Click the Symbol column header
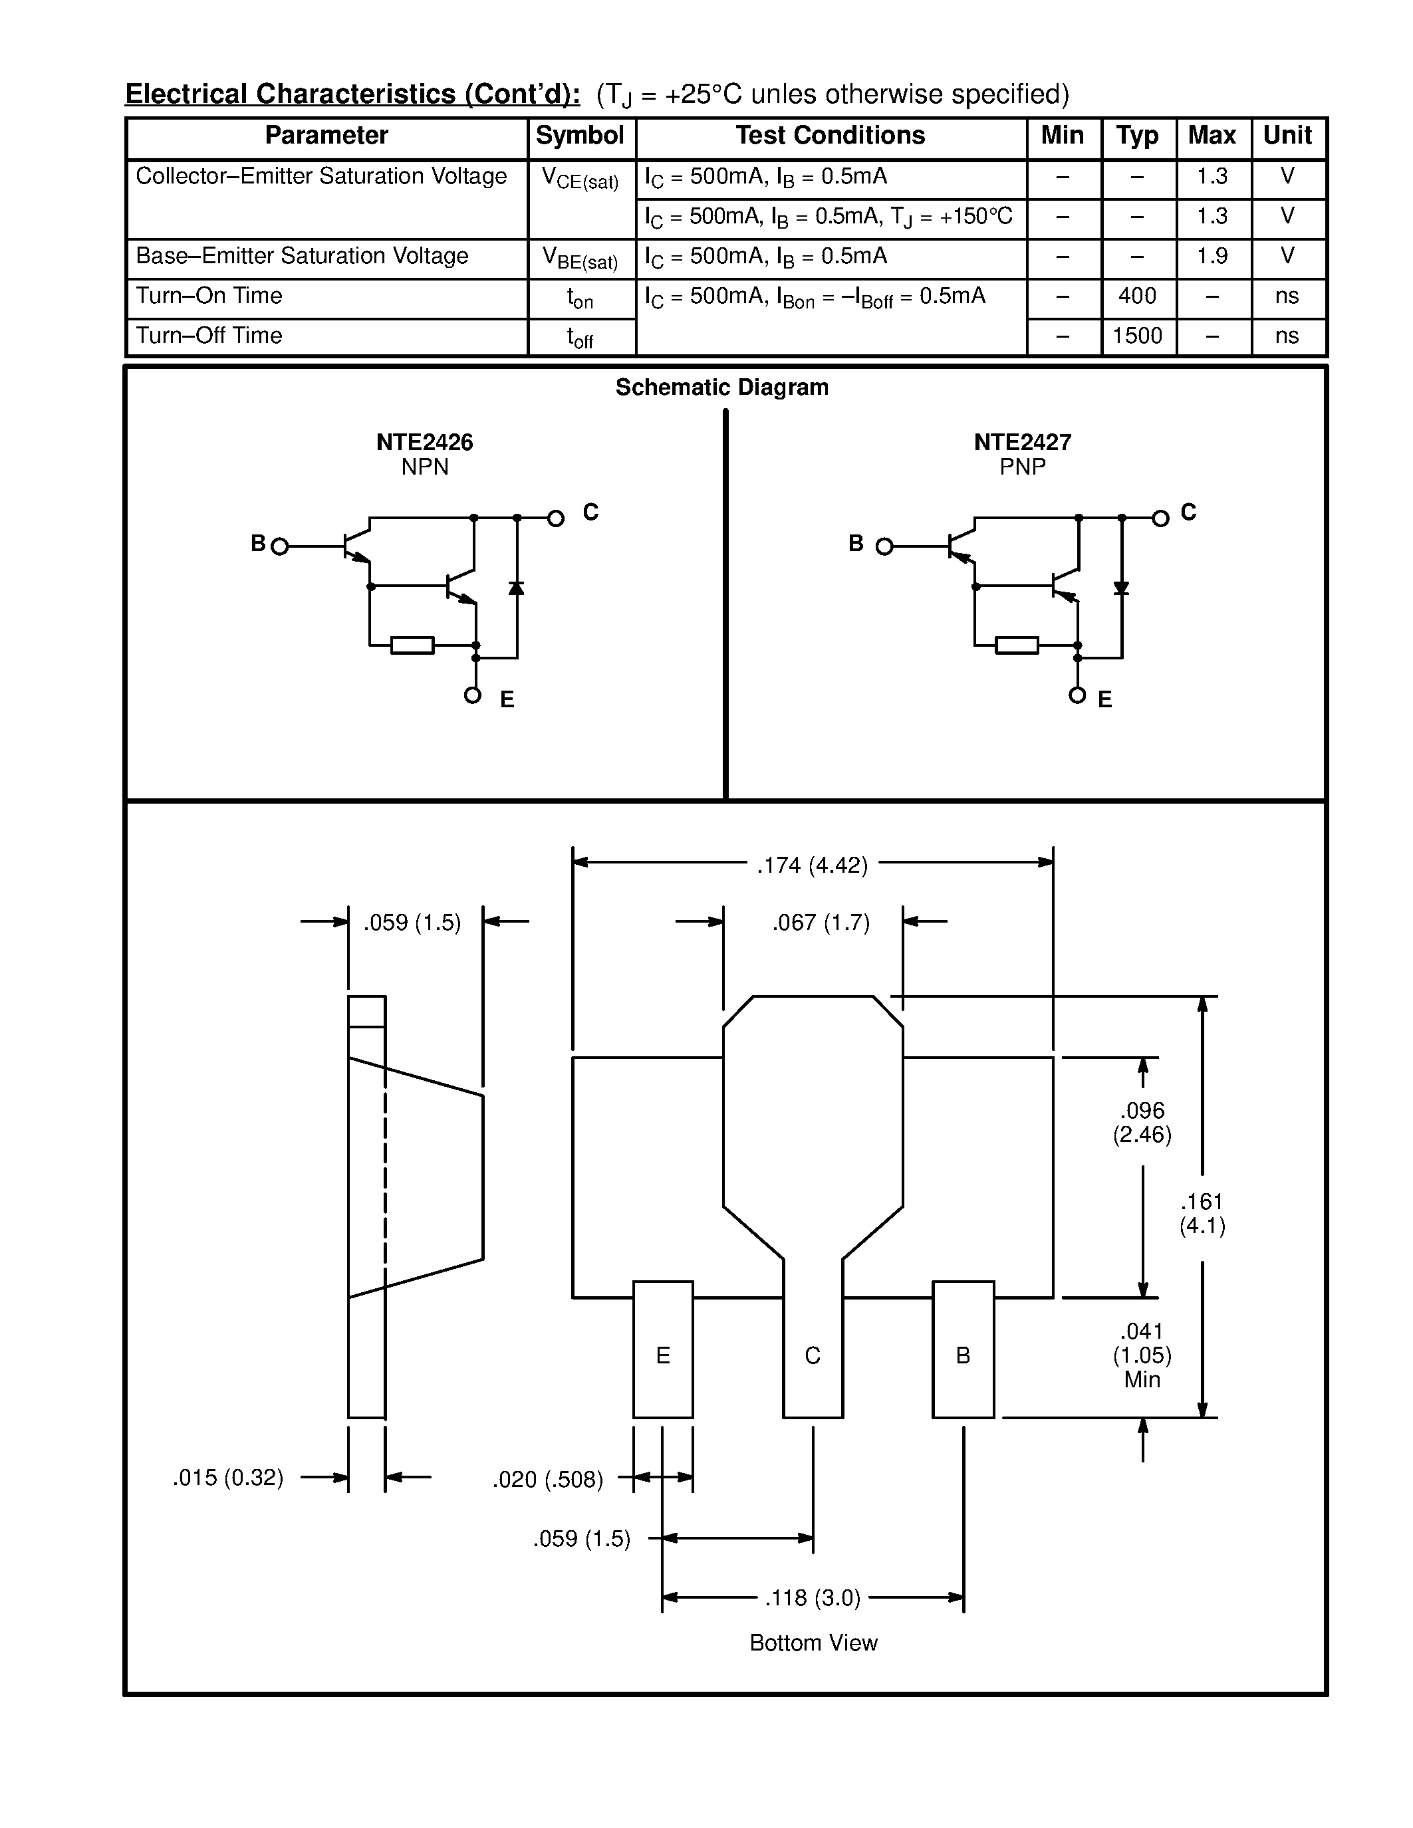pyautogui.click(x=579, y=136)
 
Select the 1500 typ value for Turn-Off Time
pyautogui.click(x=1137, y=336)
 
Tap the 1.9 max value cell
pyautogui.click(x=1212, y=256)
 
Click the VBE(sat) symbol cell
pyautogui.click(x=580, y=259)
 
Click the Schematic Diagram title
pyautogui.click(x=721, y=388)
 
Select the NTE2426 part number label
pyautogui.click(x=424, y=442)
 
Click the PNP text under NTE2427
pyautogui.click(x=1022, y=467)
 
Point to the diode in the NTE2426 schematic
pyautogui.click(x=517, y=588)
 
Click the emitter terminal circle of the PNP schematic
pyautogui.click(x=1077, y=695)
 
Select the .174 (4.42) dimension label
pyautogui.click(x=812, y=865)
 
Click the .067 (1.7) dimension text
pyautogui.click(x=821, y=923)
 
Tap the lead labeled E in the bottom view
pyautogui.click(x=663, y=1356)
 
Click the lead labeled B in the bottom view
pyautogui.click(x=963, y=1356)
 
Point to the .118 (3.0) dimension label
pyautogui.click(x=812, y=1599)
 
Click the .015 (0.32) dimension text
pyautogui.click(x=227, y=1478)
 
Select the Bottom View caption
pyautogui.click(x=813, y=1643)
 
